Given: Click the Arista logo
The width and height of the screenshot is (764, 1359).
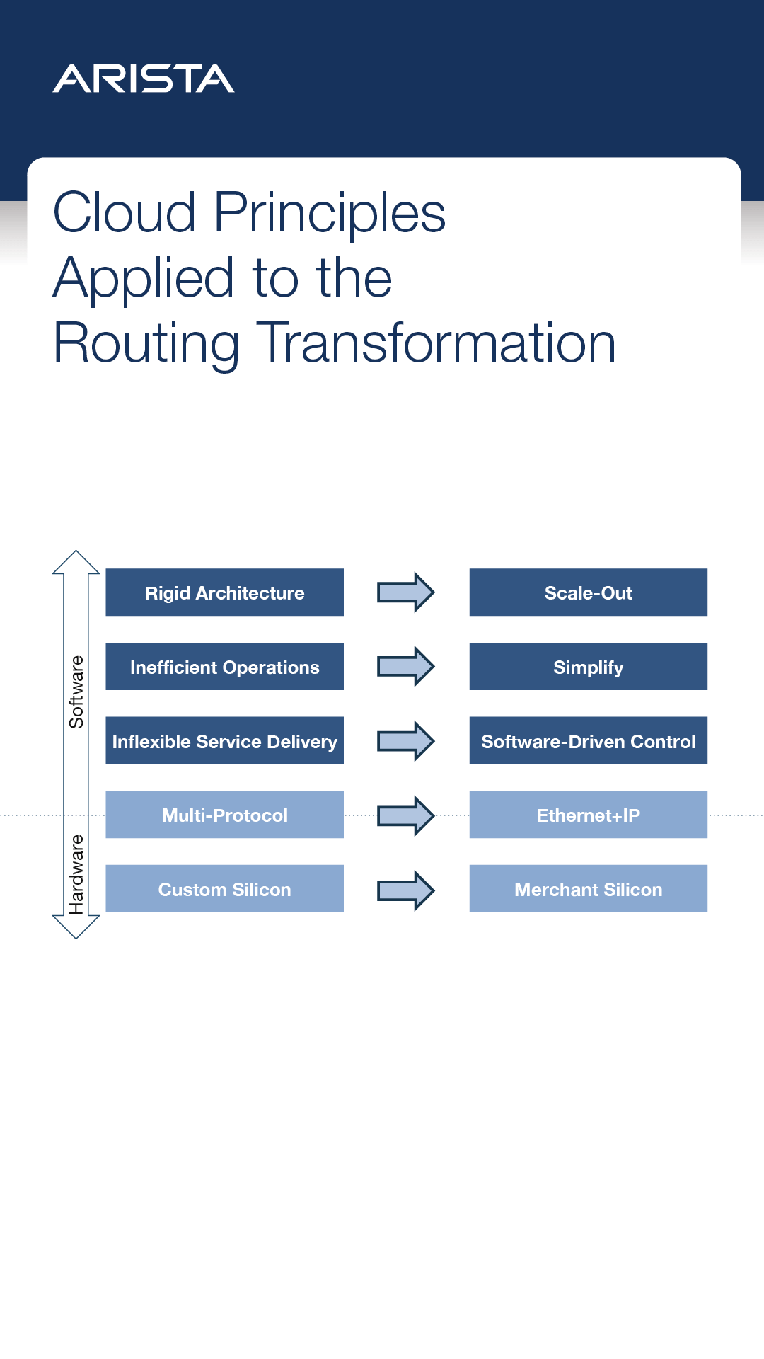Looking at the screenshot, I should coord(144,79).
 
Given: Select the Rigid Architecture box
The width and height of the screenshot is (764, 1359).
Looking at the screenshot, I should coord(224,592).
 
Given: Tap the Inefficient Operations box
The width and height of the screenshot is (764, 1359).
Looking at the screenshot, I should coord(224,667).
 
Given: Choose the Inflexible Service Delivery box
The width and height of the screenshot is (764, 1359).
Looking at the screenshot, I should coord(224,741).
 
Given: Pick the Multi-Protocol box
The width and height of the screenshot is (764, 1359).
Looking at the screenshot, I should coord(224,815).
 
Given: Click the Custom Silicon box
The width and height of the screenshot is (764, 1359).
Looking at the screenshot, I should coord(224,889).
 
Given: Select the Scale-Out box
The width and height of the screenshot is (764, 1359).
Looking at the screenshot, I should coord(588,592).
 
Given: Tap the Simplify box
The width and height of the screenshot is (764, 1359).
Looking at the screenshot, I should coord(588,667).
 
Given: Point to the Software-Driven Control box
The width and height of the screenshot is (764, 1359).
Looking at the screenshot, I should coord(588,741).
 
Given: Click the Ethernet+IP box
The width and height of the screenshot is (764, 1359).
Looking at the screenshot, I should coord(588,815).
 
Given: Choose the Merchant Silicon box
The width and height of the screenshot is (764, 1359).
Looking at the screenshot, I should coord(588,889).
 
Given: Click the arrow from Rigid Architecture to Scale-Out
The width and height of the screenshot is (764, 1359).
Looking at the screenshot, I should coord(405,592).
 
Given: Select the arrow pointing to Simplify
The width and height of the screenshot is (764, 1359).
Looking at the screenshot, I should coord(405,667).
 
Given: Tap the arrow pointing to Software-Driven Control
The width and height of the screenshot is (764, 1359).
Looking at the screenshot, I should coord(405,741).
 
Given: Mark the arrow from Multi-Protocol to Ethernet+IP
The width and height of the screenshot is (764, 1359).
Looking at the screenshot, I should coord(405,815).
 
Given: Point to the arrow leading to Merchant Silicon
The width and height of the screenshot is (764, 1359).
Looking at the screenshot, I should coord(405,890).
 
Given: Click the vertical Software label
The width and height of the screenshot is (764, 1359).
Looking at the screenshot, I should coord(76,692).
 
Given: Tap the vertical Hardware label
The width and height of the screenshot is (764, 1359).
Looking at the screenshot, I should coord(76,874).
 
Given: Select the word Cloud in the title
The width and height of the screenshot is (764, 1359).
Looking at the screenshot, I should coord(125,212).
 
